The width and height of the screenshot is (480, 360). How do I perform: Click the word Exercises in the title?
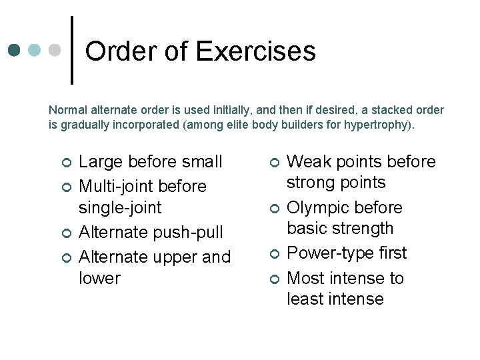coord(256,51)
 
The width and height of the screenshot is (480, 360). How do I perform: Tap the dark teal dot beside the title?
coord(15,51)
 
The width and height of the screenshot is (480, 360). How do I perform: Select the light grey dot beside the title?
coord(55,51)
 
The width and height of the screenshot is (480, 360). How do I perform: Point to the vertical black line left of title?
coord(72,50)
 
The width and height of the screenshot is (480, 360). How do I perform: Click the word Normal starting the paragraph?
coord(66,110)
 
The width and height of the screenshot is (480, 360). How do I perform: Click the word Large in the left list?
coord(99,162)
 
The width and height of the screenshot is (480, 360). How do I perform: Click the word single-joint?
coord(120,207)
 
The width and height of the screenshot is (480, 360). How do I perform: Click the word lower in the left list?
coord(99,278)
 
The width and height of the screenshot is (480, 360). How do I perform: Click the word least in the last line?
coord(306,299)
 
